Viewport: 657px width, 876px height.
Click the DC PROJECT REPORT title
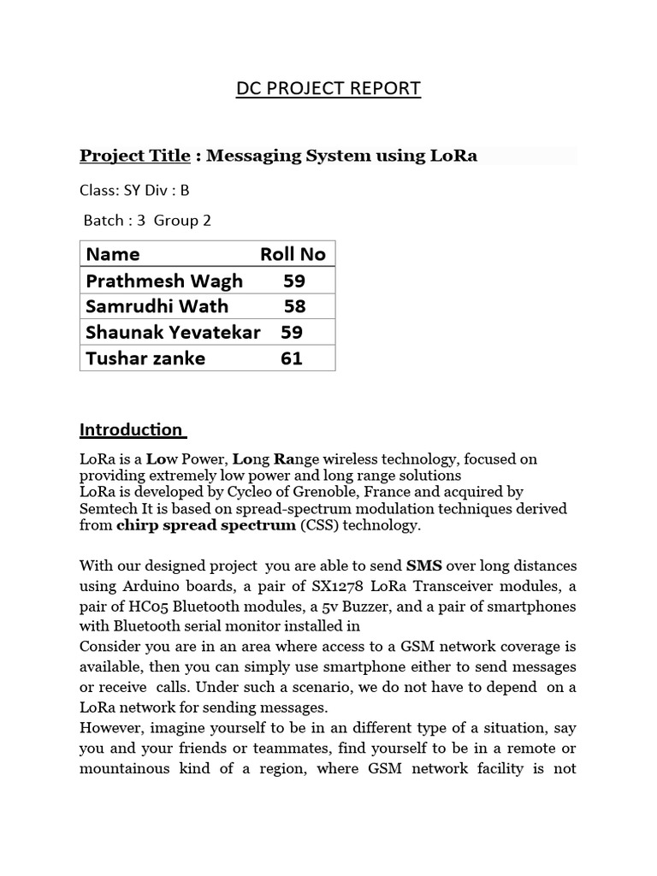[x=328, y=88]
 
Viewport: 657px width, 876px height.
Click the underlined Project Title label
[x=134, y=155]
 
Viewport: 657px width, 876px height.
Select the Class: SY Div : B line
[x=133, y=190]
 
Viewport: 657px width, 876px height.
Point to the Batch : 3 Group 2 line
[x=146, y=220]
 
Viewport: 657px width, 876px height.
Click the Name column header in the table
[x=113, y=254]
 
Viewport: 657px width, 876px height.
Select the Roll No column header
[x=293, y=254]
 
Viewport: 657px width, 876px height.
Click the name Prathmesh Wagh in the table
[x=164, y=281]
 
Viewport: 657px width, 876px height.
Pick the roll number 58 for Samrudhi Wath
[x=294, y=306]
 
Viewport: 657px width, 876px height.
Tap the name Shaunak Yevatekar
[x=173, y=332]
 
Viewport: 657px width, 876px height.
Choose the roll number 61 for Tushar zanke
[x=292, y=358]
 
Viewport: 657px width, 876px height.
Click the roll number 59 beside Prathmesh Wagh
[x=294, y=281]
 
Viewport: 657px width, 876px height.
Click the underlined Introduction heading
[x=131, y=429]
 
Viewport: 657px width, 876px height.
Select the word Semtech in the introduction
[x=108, y=508]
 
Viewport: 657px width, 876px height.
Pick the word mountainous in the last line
[x=125, y=768]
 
